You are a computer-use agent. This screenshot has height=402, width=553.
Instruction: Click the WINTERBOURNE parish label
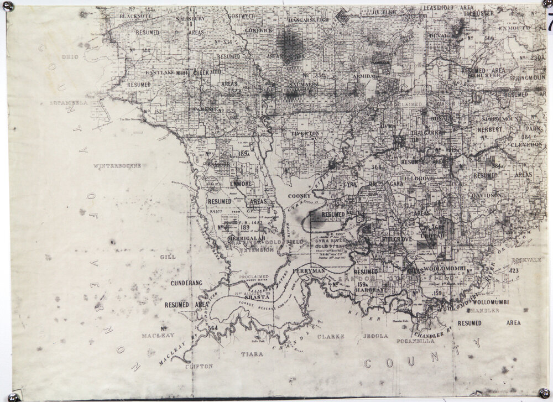click(x=117, y=166)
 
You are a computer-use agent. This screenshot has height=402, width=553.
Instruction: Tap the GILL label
click(x=167, y=257)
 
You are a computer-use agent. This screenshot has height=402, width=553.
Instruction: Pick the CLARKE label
click(x=331, y=336)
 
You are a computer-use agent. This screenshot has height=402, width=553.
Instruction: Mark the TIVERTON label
click(x=305, y=134)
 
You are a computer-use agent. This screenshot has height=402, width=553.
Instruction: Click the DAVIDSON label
click(x=487, y=195)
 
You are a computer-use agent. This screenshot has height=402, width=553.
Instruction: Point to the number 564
click(x=213, y=328)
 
